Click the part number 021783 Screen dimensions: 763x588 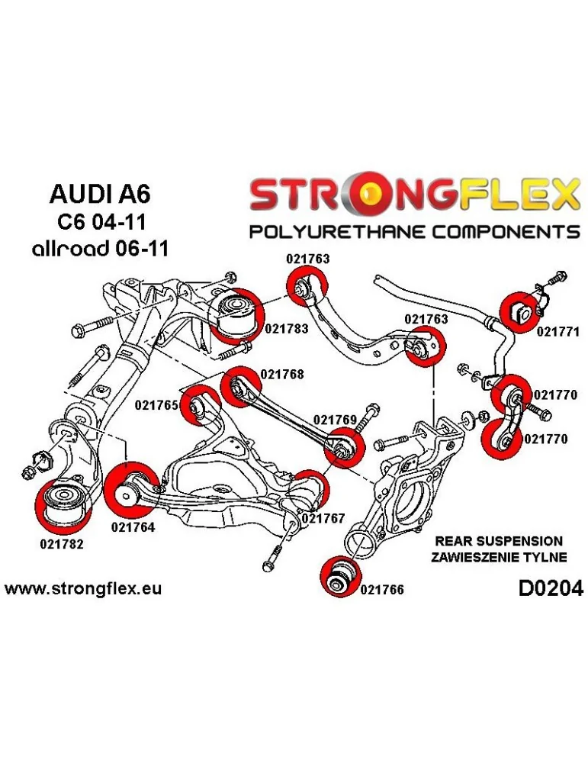(287, 329)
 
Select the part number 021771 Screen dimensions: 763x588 (558, 332)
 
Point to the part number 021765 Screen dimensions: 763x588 (156, 405)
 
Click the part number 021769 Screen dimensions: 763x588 (336, 420)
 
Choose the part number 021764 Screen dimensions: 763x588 (133, 526)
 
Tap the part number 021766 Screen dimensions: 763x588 (382, 589)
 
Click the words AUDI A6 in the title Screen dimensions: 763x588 (100, 193)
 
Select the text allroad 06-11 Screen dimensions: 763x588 (99, 249)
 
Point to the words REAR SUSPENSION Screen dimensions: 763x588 (500, 540)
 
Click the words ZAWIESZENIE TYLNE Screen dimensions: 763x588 (500, 557)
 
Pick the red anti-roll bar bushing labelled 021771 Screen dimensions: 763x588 (523, 312)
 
